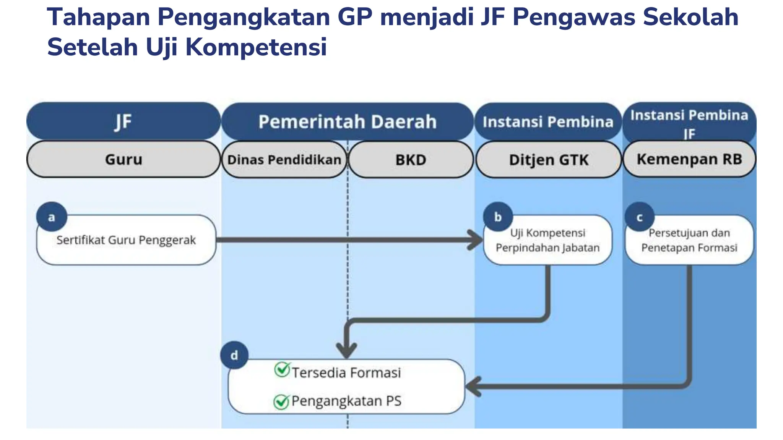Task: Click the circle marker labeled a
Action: click(x=52, y=217)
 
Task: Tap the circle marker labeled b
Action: click(x=498, y=217)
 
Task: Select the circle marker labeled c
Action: click(x=639, y=217)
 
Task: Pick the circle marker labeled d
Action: click(x=234, y=355)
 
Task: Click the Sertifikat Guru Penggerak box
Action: click(x=126, y=240)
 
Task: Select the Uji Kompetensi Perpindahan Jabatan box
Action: click(x=547, y=241)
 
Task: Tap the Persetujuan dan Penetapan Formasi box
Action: click(x=689, y=241)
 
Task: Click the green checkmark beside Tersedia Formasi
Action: click(x=282, y=370)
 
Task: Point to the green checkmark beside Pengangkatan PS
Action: click(x=281, y=402)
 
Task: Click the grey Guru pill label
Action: click(x=123, y=159)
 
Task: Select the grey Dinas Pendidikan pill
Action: click(x=284, y=160)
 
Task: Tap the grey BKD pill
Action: click(x=411, y=160)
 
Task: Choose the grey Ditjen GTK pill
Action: click(x=548, y=160)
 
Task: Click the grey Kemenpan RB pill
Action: click(x=689, y=159)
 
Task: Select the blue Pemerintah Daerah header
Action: click(x=347, y=121)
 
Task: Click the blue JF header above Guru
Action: click(x=123, y=121)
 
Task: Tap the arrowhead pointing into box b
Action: click(x=476, y=240)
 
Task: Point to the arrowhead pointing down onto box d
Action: click(x=346, y=349)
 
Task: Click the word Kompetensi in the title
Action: click(x=256, y=47)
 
